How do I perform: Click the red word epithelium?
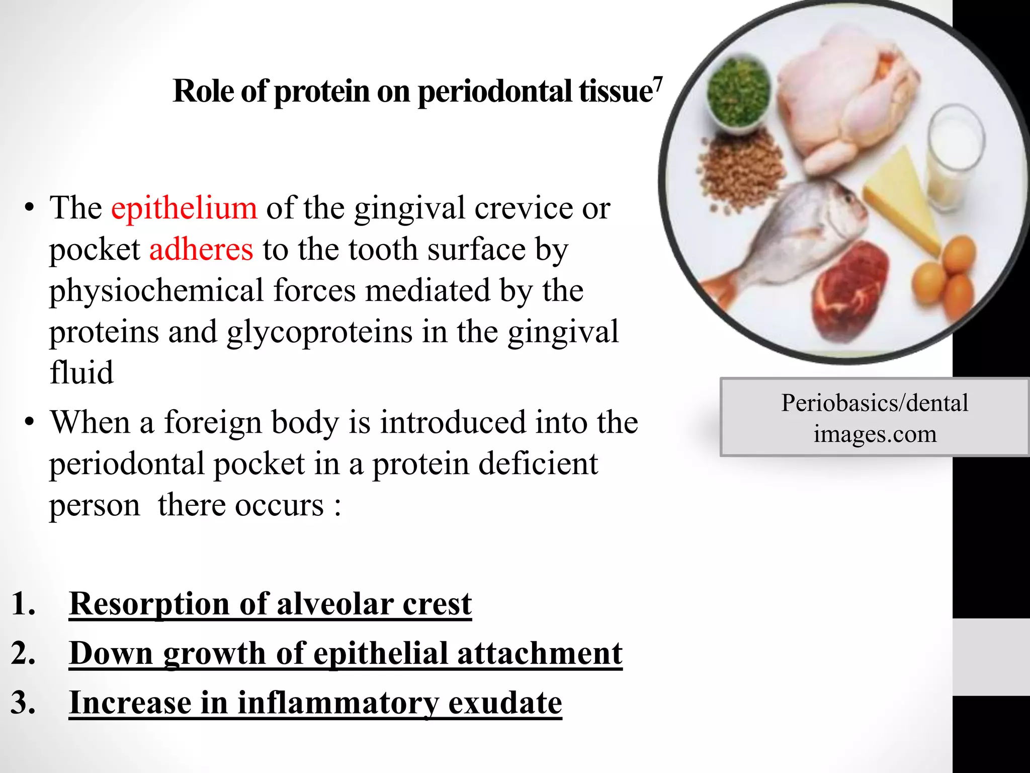(184, 208)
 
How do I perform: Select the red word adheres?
(201, 250)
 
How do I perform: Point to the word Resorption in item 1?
(149, 603)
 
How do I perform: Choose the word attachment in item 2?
(539, 653)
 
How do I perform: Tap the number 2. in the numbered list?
(23, 653)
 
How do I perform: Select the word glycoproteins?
(319, 332)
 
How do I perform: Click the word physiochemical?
(156, 291)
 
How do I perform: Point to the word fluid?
(81, 373)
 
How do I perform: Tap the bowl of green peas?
(738, 93)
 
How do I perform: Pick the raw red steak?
(850, 292)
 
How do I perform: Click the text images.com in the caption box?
(875, 434)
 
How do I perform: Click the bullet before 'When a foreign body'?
(30, 422)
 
